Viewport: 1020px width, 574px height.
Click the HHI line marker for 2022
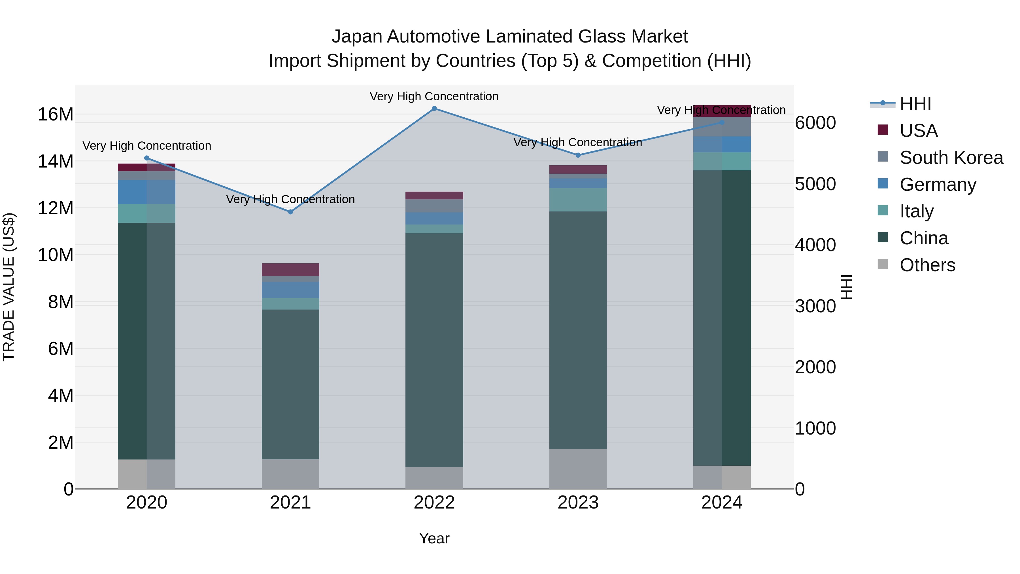[x=434, y=109]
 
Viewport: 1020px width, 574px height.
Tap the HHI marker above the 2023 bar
[x=578, y=155]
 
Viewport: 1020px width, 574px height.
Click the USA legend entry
[x=919, y=131]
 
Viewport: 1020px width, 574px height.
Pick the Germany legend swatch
[x=883, y=184]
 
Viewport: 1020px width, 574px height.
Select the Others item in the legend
[x=927, y=265]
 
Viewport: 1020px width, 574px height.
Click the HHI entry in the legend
[x=915, y=104]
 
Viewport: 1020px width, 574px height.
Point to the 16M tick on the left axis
[x=56, y=115]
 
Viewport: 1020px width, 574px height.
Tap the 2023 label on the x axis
[x=578, y=503]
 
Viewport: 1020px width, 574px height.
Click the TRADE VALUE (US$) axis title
[x=9, y=287]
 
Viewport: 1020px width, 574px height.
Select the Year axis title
[x=434, y=538]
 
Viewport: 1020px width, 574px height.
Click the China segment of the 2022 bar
[x=434, y=349]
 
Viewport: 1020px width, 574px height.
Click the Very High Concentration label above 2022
[x=434, y=96]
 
